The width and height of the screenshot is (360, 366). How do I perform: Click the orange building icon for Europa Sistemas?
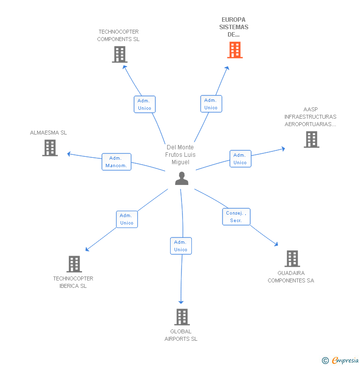point(235,50)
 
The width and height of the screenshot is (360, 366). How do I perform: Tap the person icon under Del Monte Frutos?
point(181,179)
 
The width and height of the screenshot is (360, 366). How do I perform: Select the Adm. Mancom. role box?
point(116,162)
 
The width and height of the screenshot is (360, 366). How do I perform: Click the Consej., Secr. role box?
point(236,217)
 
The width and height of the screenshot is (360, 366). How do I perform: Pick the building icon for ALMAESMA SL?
point(50,148)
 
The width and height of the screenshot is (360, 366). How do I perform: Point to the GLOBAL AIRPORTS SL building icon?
point(182,317)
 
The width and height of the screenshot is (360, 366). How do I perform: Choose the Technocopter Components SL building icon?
point(120,54)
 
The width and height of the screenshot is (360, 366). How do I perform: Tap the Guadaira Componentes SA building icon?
point(292,259)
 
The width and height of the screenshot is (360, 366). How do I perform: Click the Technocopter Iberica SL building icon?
point(74,264)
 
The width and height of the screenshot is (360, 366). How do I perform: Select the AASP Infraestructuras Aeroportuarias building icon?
point(312,139)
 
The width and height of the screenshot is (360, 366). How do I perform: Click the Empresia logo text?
point(345,360)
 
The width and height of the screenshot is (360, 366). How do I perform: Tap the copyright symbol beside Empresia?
point(325,361)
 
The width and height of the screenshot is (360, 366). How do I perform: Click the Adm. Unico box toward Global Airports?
point(181,246)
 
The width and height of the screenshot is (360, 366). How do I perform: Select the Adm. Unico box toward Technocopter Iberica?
point(127,219)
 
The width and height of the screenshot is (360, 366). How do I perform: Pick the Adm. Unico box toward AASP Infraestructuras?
point(240,159)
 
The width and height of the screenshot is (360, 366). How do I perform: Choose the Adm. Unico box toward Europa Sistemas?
point(211,104)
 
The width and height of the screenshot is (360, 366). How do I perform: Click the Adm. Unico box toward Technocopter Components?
point(145,104)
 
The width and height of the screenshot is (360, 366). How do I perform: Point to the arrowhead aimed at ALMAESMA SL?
point(69,154)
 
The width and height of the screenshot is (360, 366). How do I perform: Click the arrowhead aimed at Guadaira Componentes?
point(276,244)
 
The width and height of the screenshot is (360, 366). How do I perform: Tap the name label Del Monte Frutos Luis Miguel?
point(180,154)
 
